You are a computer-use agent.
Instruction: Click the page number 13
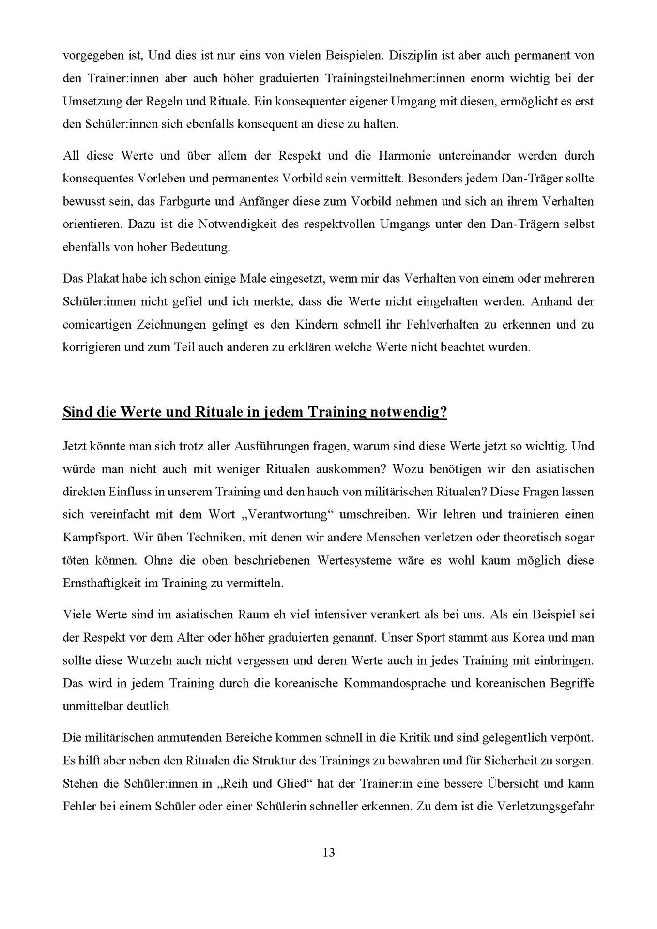tap(328, 852)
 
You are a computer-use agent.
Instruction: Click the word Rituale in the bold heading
tap(221, 412)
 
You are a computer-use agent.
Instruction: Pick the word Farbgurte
tap(181, 201)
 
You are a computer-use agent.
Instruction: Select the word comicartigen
tap(95, 324)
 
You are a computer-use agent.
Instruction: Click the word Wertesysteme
tap(360, 560)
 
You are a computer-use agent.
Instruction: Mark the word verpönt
tap(572, 738)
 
